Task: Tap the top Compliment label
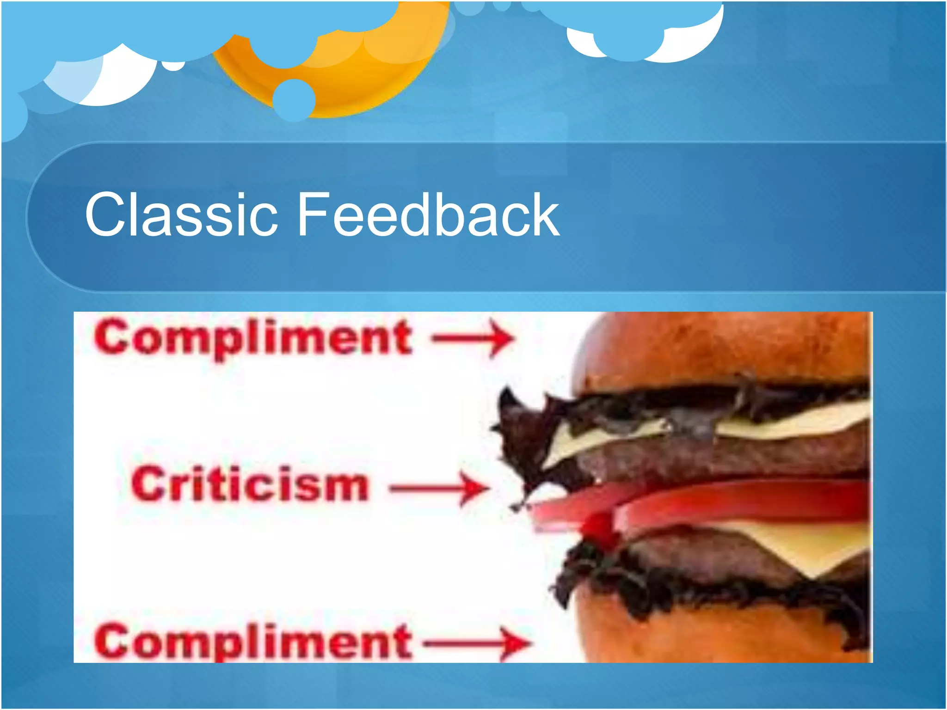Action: pyautogui.click(x=252, y=338)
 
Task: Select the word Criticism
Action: pyautogui.click(x=250, y=484)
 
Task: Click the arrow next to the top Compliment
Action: pyautogui.click(x=472, y=338)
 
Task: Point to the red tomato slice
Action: pyautogui.click(x=740, y=502)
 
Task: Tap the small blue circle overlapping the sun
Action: pyautogui.click(x=294, y=99)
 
